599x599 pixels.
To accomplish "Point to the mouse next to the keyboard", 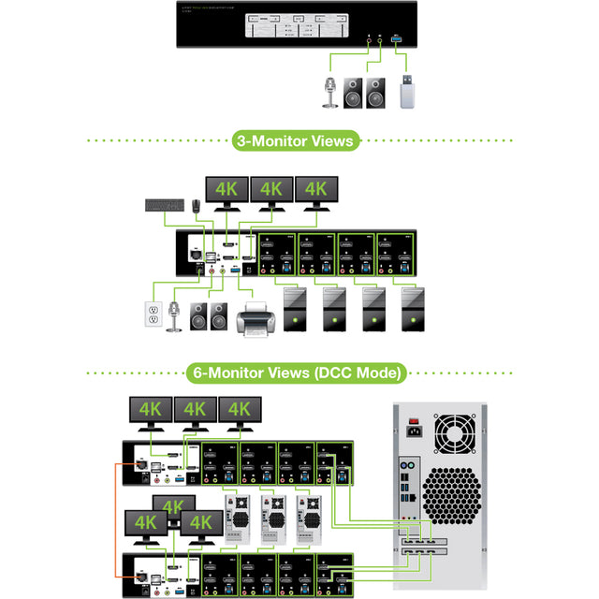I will tap(196, 205).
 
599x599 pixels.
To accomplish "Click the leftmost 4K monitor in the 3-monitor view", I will tap(227, 188).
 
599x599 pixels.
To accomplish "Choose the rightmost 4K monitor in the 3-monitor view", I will tap(316, 188).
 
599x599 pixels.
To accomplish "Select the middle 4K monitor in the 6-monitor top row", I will tap(195, 409).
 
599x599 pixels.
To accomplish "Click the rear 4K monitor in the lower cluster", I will tap(175, 506).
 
